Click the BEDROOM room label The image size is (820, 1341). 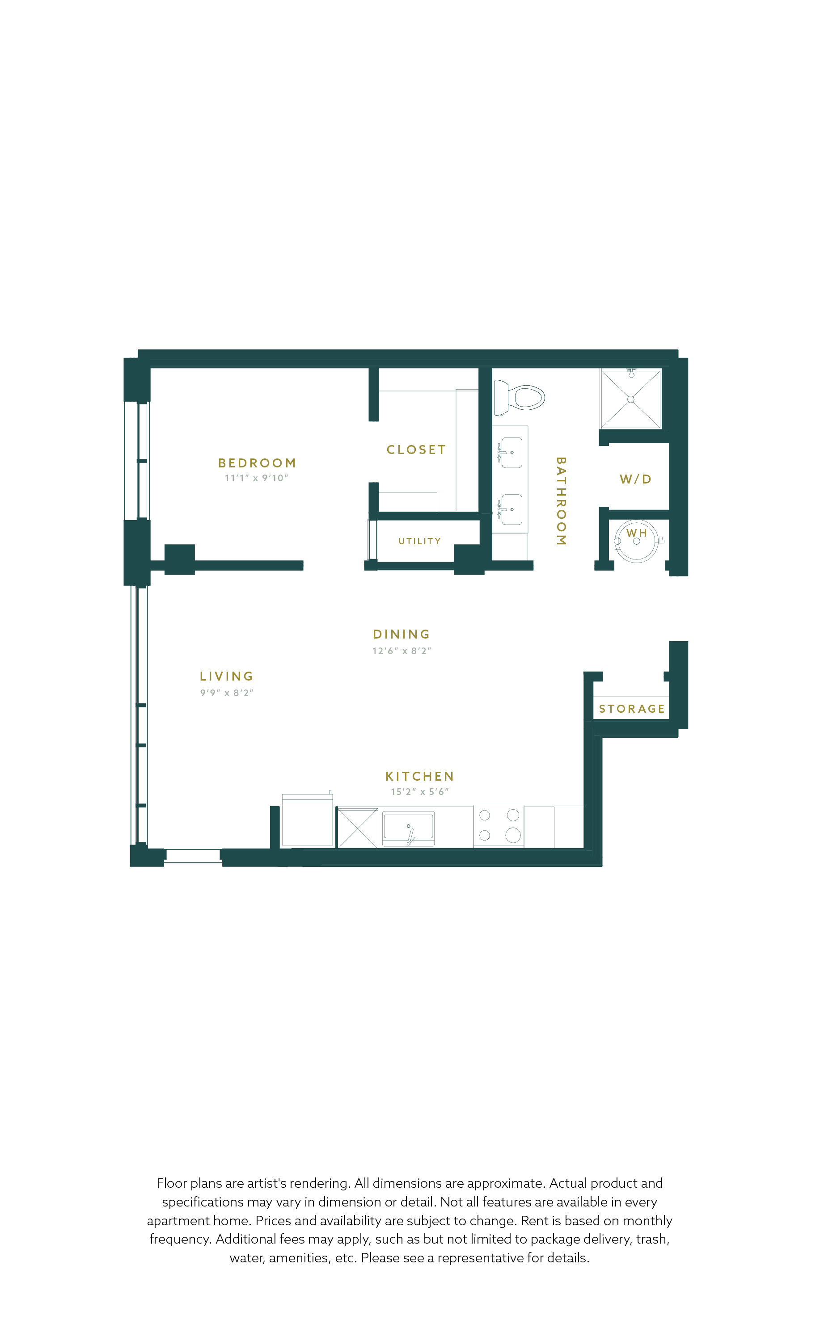point(257,463)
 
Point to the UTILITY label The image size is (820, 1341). point(419,541)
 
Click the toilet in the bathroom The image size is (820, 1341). point(519,397)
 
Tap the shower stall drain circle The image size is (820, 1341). point(630,399)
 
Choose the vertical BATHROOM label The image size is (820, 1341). point(561,501)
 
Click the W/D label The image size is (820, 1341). point(635,479)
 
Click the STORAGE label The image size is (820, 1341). point(632,709)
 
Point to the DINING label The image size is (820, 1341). point(402,634)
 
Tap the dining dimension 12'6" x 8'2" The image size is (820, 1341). point(402,651)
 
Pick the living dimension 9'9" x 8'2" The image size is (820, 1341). point(227,693)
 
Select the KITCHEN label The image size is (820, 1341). point(419,776)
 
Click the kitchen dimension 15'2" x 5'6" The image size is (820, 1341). point(420,792)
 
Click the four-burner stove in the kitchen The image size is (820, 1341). point(499,826)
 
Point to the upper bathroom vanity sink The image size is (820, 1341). point(511,453)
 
